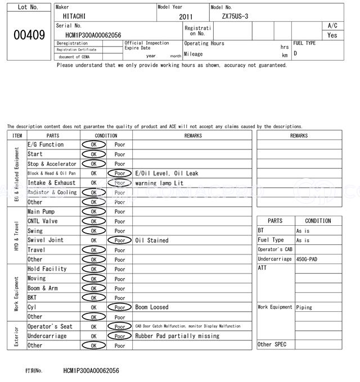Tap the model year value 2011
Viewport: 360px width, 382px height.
(x=185, y=17)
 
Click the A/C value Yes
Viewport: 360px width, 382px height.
(x=332, y=35)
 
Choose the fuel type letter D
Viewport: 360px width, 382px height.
(x=295, y=53)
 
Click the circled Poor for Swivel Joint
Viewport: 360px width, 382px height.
(x=120, y=240)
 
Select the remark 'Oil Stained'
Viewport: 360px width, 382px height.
(x=151, y=240)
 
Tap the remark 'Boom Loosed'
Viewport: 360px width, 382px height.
(x=151, y=307)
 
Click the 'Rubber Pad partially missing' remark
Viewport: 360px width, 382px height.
(x=177, y=336)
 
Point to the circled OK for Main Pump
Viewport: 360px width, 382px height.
(x=93, y=212)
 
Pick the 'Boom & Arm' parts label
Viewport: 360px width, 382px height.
(x=43, y=288)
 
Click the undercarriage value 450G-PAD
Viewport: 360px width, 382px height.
(x=308, y=259)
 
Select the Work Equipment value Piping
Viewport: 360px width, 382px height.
(x=304, y=307)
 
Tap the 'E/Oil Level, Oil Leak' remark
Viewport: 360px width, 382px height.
(x=166, y=174)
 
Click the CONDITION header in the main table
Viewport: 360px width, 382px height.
(x=106, y=135)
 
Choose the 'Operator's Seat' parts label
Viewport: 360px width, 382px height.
(x=50, y=326)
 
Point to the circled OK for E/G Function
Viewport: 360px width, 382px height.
(x=93, y=145)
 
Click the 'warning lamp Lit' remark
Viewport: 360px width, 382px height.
(x=159, y=183)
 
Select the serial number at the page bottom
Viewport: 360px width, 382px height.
(x=91, y=371)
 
